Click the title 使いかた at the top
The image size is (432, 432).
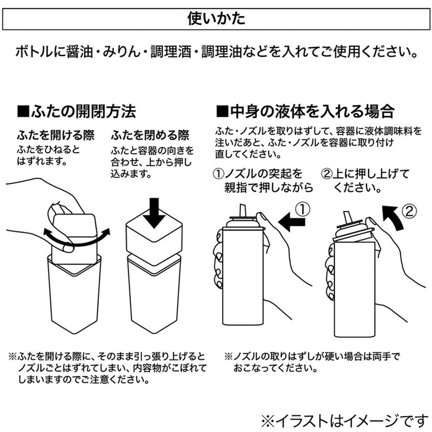[x=216, y=18]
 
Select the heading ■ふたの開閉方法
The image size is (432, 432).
[x=77, y=112]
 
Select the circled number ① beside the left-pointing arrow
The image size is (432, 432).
[x=300, y=209]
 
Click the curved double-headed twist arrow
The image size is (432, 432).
[x=77, y=241]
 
